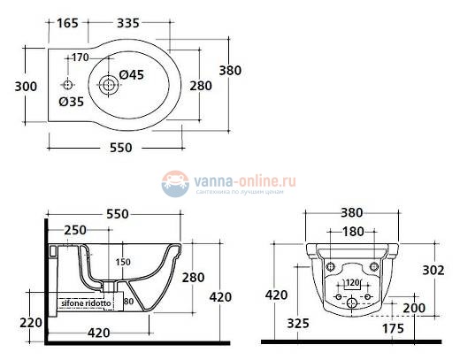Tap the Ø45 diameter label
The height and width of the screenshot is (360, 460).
132,73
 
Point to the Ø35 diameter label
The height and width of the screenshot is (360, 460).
71,102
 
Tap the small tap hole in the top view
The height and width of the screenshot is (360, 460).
68,85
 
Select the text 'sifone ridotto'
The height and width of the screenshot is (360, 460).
86,303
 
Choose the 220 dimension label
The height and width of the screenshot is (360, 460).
31,322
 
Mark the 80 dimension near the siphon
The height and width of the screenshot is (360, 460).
129,303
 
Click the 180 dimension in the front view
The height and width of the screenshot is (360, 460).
353,231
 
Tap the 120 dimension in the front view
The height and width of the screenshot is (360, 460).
353,284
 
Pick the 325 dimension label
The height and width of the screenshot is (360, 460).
297,324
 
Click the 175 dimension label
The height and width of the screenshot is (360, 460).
392,328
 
